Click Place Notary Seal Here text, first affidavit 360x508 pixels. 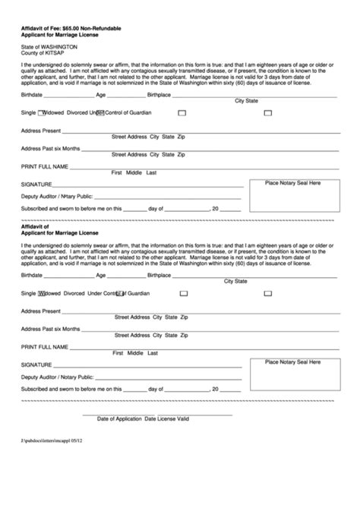tap(292, 183)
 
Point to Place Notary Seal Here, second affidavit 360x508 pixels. tap(292, 363)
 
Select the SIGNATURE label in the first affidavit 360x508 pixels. tap(36, 185)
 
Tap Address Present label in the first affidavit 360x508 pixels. tap(40, 131)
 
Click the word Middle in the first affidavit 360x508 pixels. tap(134, 173)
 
